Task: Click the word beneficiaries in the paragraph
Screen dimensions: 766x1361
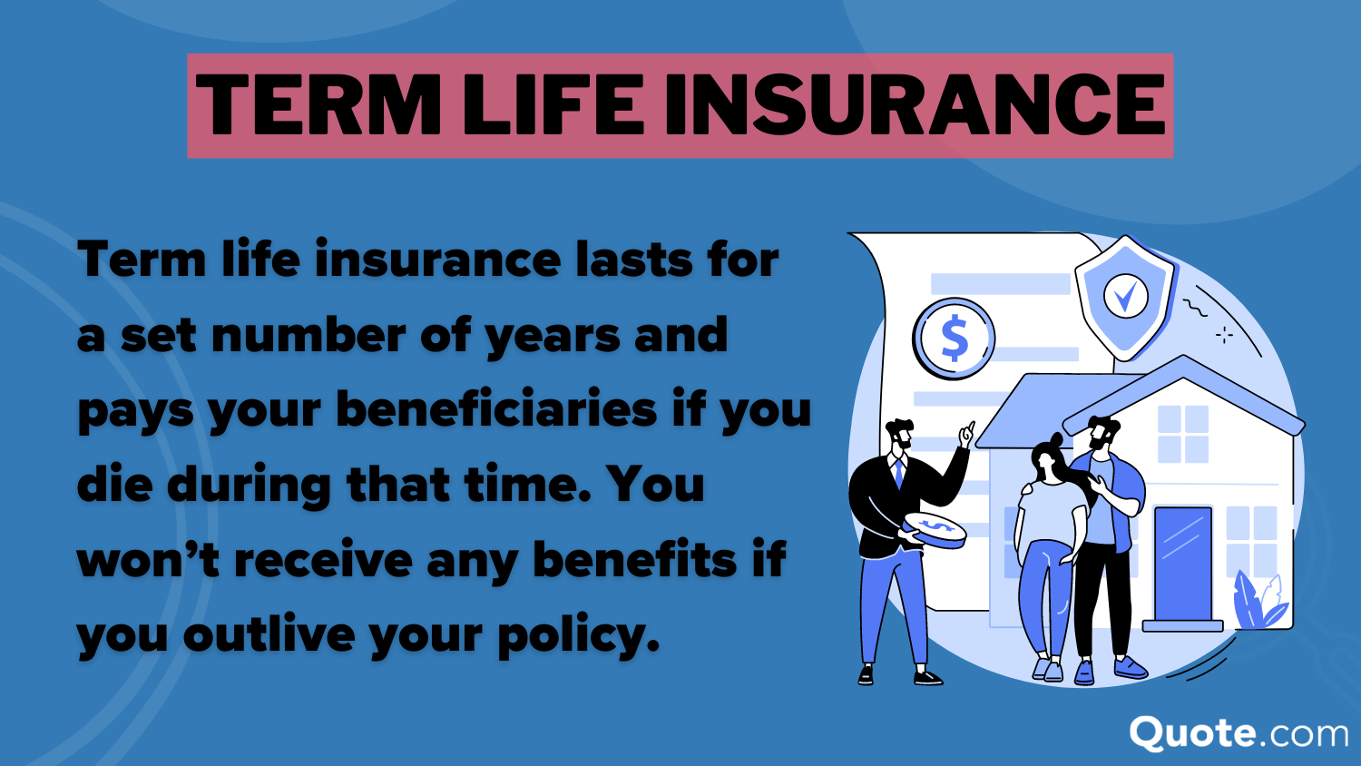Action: click(496, 409)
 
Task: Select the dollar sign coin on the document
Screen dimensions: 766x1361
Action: click(954, 339)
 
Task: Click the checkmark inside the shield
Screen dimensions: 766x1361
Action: click(1125, 296)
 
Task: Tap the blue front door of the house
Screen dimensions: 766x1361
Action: click(1182, 563)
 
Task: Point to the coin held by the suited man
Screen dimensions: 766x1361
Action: click(935, 528)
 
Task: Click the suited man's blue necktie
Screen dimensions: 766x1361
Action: click(899, 472)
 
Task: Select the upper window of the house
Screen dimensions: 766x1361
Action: click(1183, 434)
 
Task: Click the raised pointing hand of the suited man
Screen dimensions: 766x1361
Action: click(967, 435)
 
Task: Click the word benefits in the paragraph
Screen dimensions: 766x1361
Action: click(634, 559)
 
